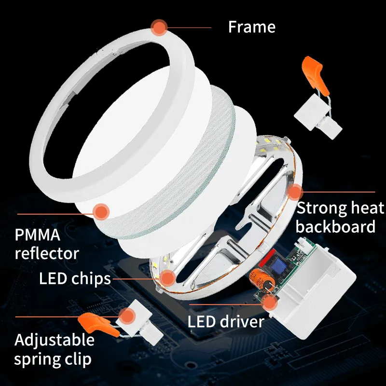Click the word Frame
click(x=251, y=27)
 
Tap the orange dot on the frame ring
click(x=159, y=27)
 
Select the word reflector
click(x=47, y=252)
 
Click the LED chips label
click(x=75, y=278)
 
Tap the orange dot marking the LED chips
click(x=167, y=278)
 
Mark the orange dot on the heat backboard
click(x=294, y=192)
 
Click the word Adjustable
click(x=55, y=340)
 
